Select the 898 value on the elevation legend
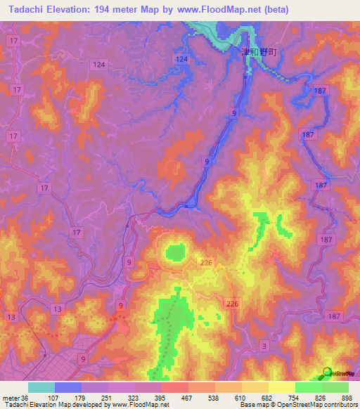[x=346, y=397]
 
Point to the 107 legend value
[x=53, y=397]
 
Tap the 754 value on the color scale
[x=293, y=397]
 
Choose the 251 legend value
[x=106, y=397]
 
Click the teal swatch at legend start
[x=41, y=387]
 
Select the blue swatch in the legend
[x=68, y=387]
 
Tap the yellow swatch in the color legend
[x=281, y=387]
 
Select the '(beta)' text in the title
[x=274, y=10]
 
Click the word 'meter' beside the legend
[x=11, y=397]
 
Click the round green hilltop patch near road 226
[x=174, y=251]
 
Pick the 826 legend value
[x=320, y=397]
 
